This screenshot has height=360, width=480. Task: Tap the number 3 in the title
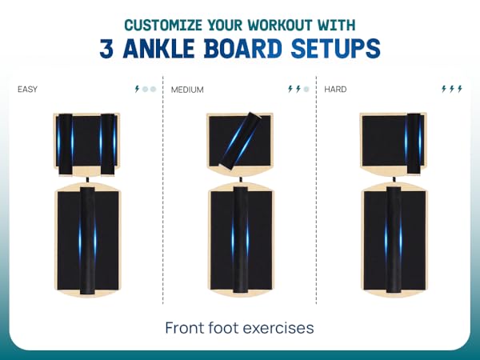[106, 48]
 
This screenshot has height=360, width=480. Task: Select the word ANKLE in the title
[158, 48]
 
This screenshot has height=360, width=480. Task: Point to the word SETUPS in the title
[335, 48]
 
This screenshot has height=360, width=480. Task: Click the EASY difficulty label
[27, 90]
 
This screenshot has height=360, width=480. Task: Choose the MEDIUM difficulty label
[187, 90]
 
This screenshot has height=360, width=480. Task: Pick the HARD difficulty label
[335, 90]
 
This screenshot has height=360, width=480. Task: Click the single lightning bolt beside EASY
[137, 89]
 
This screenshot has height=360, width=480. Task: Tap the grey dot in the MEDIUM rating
[306, 89]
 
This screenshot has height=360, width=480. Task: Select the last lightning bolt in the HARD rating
[459, 89]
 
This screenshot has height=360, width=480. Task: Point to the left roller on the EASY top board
[66, 145]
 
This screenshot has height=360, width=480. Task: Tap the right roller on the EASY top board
[108, 145]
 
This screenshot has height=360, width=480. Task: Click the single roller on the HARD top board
[413, 143]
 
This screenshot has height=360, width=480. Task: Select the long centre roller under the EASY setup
[87, 241]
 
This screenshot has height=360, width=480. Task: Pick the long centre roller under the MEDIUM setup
[241, 240]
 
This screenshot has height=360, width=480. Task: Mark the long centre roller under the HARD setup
[394, 240]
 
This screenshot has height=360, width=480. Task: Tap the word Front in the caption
[185, 328]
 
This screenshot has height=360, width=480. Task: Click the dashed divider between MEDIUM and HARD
[316, 190]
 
